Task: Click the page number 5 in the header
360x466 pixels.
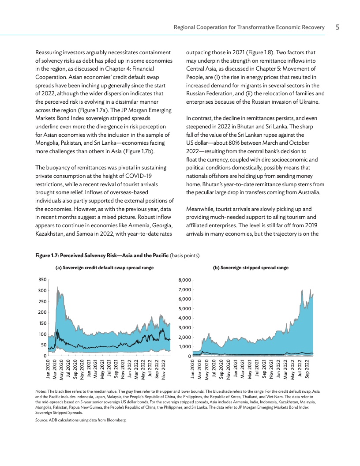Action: coord(337,27)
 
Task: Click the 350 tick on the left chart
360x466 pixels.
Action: coord(43,280)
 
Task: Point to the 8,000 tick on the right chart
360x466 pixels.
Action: coord(185,280)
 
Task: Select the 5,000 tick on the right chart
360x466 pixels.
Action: coord(185,308)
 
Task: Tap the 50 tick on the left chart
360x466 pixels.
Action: coord(44,345)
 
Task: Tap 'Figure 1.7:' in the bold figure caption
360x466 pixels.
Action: coord(47,255)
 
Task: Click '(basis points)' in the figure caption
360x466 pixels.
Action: coord(185,255)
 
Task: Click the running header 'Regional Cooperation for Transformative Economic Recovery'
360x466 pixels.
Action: coord(249,27)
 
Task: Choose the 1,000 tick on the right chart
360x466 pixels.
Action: coord(185,347)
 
